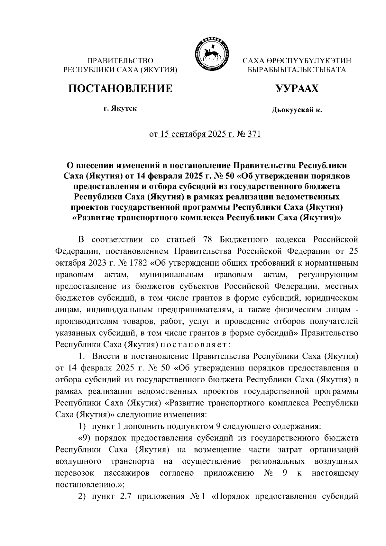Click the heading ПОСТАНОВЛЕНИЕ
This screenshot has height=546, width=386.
[x=120, y=88]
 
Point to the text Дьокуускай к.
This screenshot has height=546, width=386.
[x=297, y=110]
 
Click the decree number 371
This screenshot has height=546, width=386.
[x=254, y=134]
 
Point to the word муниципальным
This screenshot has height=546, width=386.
[x=171, y=275]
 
